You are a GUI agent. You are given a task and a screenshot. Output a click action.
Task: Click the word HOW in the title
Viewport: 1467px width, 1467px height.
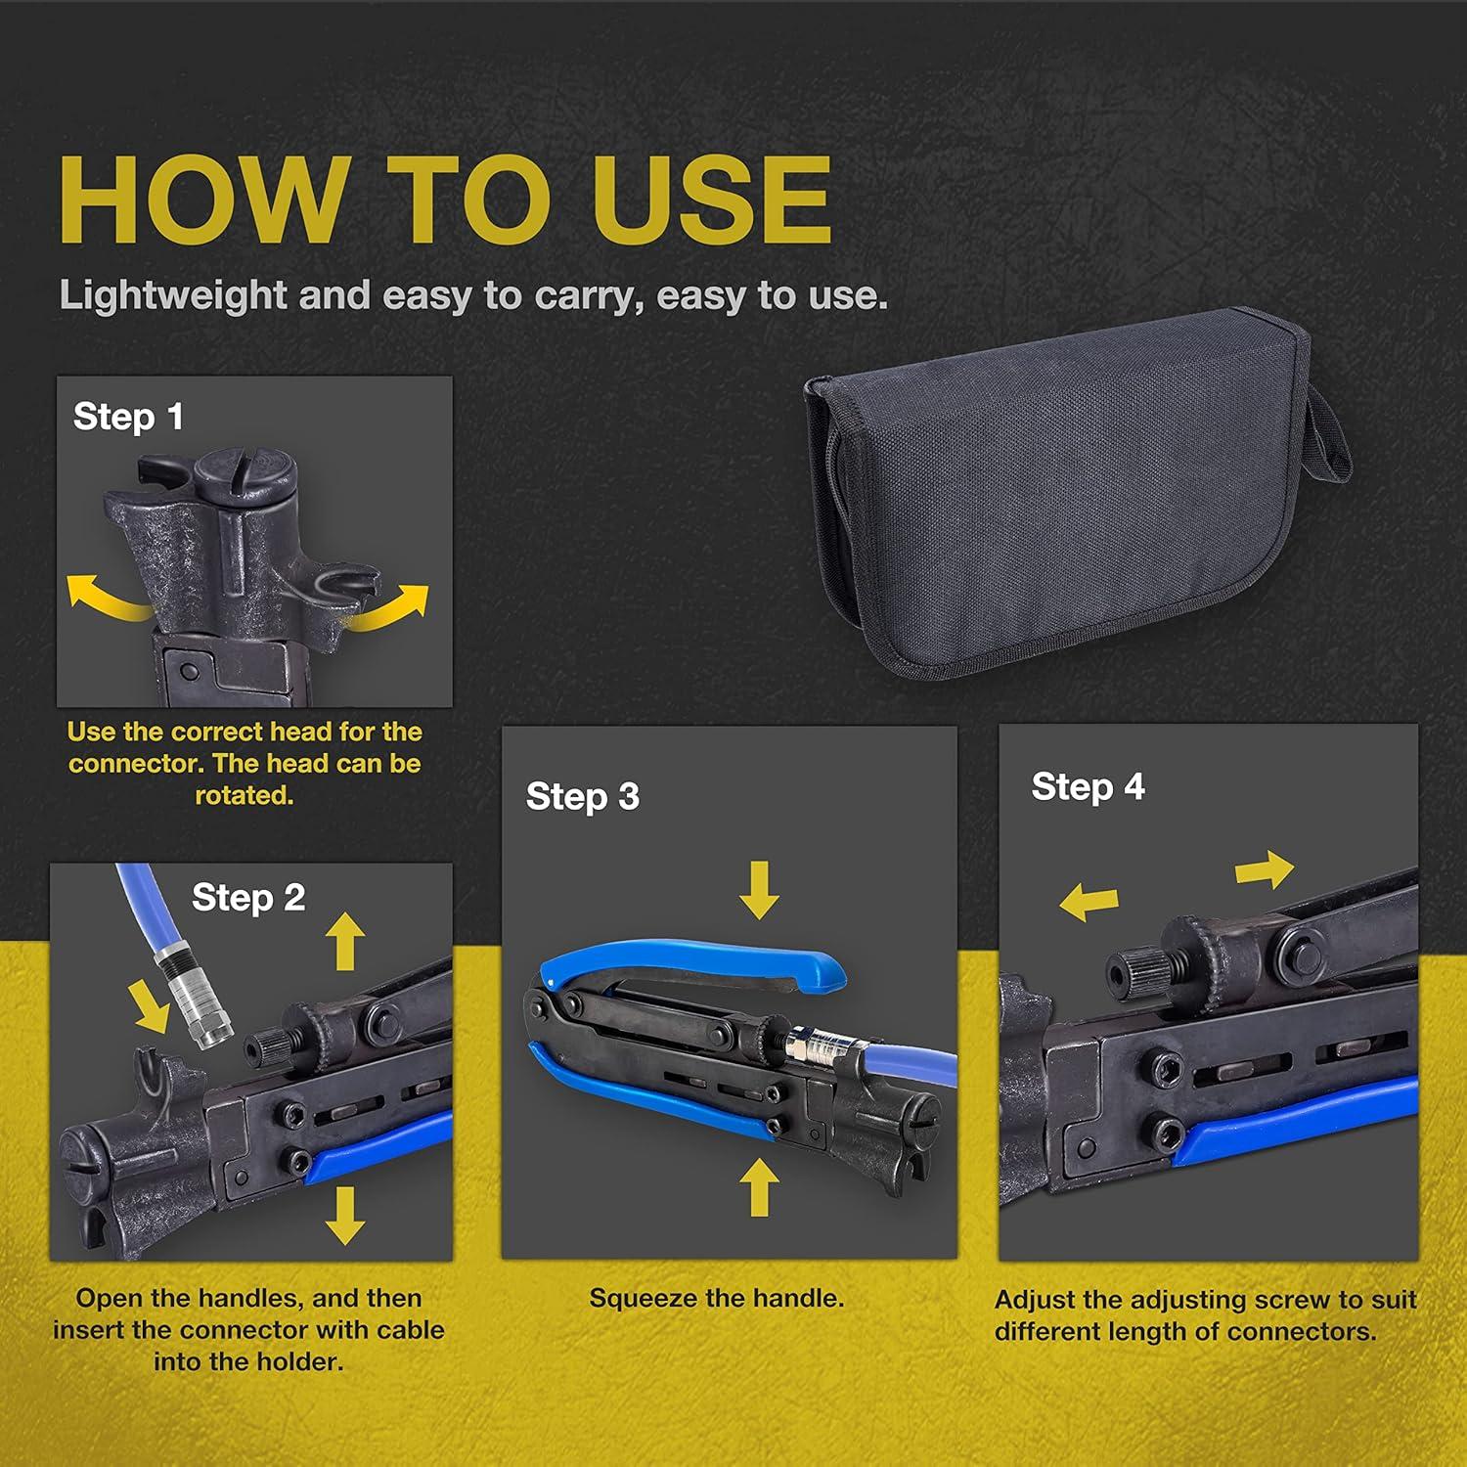pos(202,200)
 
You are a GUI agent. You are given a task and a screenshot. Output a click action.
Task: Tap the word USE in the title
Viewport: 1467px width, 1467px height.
pos(712,200)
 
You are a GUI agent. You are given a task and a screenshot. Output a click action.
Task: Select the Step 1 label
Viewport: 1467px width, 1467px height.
pos(128,418)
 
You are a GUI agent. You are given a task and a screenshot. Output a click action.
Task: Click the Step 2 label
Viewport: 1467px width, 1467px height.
pos(248,898)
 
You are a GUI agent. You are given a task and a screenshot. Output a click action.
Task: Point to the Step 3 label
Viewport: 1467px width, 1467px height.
pos(583,797)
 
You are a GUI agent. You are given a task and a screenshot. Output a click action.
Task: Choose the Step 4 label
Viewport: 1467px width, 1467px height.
pos(1088,787)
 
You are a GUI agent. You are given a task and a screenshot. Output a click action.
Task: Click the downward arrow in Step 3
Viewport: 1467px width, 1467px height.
pos(759,890)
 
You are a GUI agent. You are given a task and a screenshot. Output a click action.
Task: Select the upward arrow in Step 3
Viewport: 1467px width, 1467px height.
pos(759,1187)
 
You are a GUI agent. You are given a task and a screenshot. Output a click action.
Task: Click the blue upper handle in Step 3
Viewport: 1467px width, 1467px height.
pos(685,958)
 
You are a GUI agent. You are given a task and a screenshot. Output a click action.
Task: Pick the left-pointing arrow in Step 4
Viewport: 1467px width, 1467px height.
pos(1089,901)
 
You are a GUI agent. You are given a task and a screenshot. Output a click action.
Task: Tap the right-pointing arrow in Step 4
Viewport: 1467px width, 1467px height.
pos(1265,868)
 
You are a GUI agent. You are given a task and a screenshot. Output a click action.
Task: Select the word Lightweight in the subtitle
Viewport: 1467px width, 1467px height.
pos(173,295)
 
